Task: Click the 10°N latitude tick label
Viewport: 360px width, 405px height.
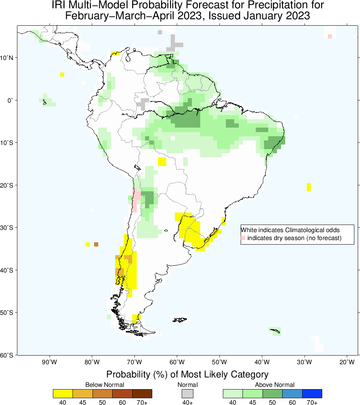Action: [x=8, y=58]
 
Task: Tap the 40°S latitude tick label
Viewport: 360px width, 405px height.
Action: [x=8, y=270]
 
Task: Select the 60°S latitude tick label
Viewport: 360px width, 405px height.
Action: [x=8, y=355]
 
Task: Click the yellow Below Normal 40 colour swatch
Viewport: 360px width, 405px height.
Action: [x=63, y=393]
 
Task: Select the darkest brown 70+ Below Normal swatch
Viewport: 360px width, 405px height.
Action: [x=142, y=393]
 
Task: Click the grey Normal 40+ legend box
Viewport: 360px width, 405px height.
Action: [x=187, y=393]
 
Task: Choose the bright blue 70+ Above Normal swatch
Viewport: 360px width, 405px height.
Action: [x=312, y=393]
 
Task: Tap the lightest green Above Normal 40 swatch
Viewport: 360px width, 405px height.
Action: [x=233, y=393]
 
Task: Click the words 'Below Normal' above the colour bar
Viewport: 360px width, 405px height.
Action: [x=102, y=385]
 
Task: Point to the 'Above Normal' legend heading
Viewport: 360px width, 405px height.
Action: [x=272, y=385]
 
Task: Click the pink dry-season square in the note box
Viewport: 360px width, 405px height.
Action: [x=243, y=238]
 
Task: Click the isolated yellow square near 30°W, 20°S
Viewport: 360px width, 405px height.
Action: [x=309, y=187]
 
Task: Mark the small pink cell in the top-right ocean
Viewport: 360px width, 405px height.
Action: [x=330, y=36]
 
